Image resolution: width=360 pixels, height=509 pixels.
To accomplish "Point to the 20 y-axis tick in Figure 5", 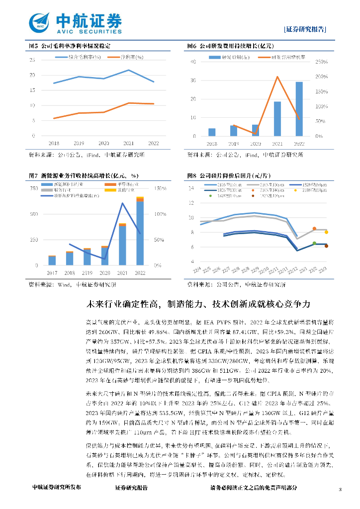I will pyautogui.click(x=33, y=75).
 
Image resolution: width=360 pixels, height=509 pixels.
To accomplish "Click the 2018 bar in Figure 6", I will pyautogui.click(x=212, y=132).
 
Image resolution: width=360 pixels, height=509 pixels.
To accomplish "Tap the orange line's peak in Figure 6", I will pyautogui.click(x=277, y=77).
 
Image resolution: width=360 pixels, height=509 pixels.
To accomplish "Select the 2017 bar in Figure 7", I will pyautogui.click(x=52, y=260).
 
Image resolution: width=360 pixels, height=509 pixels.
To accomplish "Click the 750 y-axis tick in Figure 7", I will pyautogui.click(x=33, y=188).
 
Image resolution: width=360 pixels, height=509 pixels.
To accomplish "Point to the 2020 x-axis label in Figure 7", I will pyautogui.click(x=105, y=273).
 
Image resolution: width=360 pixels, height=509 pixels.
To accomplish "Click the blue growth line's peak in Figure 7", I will pyautogui.click(x=122, y=203).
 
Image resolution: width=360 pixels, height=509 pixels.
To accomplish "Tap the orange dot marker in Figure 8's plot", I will pyautogui.click(x=314, y=229).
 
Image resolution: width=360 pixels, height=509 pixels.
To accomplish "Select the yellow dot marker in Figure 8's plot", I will pyautogui.click(x=326, y=232).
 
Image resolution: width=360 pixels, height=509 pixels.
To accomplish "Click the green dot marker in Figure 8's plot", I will pyautogui.click(x=314, y=243).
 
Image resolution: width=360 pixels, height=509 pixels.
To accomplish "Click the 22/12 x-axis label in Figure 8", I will pyautogui.click(x=293, y=270).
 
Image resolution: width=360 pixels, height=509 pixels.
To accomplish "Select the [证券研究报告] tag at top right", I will pyautogui.click(x=305, y=29).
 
